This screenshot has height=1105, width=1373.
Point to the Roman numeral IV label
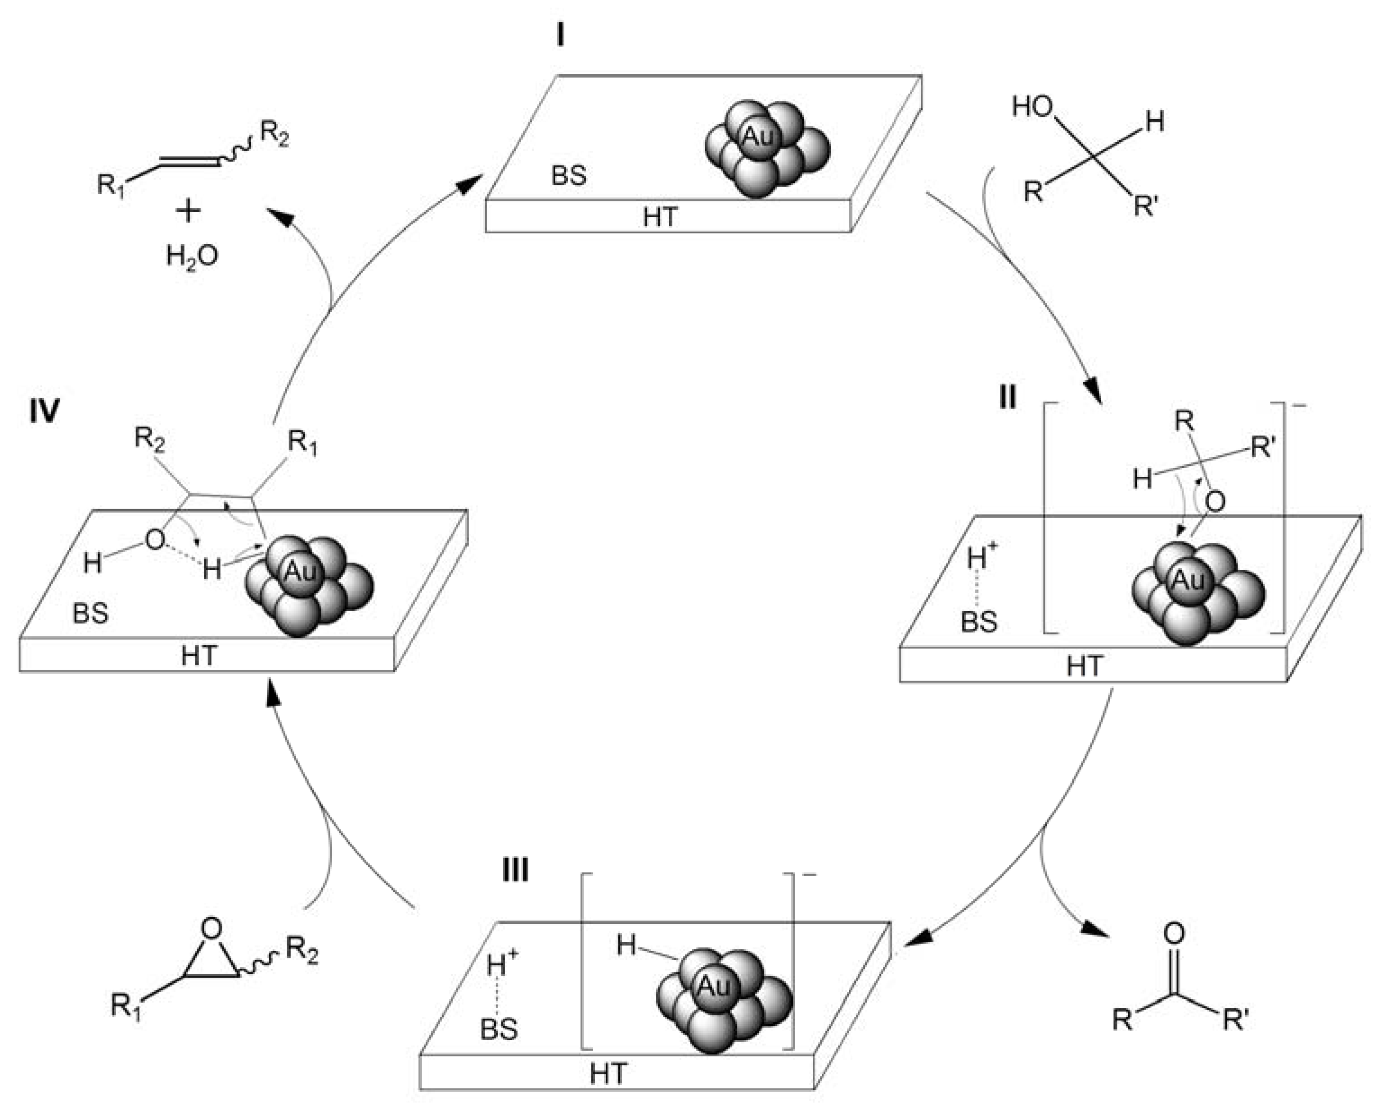[x=44, y=411]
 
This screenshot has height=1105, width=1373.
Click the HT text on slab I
[x=660, y=218]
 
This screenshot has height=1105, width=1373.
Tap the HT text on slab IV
[x=199, y=656]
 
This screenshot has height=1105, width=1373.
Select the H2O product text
[x=192, y=256]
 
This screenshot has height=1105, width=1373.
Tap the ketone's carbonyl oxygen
[x=1174, y=933]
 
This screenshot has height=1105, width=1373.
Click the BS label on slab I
[x=569, y=176]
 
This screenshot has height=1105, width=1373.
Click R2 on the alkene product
[x=274, y=134]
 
